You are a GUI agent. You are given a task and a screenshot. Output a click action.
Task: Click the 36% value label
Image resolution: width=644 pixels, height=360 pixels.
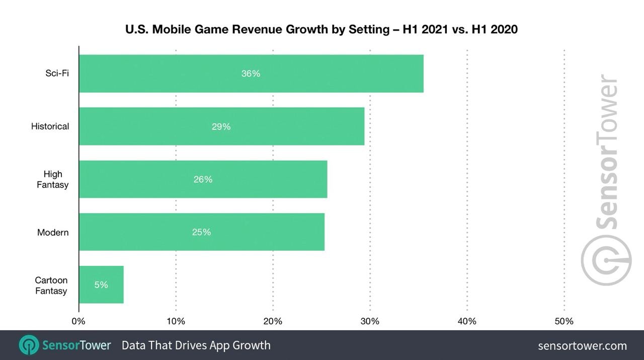251,74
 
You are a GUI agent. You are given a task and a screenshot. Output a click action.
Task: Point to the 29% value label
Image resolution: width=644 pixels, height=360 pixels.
221,126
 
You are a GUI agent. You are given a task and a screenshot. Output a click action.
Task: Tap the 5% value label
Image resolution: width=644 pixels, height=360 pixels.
101,285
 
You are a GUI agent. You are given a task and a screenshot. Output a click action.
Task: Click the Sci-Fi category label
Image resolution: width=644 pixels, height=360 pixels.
57,74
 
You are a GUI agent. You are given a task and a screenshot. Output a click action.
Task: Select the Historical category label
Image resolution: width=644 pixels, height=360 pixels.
50,126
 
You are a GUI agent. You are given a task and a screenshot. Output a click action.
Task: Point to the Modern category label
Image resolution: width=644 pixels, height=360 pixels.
53,233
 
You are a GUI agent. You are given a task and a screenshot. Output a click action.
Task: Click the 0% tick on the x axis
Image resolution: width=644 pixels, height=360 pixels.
78,321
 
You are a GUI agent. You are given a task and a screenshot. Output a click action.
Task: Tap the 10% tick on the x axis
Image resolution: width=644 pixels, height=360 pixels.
176,321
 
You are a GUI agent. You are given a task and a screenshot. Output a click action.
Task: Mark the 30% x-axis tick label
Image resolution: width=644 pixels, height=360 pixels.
370,321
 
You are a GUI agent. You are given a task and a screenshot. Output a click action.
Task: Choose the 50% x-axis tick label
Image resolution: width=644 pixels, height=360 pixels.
564,321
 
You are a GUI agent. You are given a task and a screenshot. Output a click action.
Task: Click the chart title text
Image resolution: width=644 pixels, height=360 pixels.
321,30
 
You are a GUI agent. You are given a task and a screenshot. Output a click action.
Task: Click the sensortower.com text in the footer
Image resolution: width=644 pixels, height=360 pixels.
582,346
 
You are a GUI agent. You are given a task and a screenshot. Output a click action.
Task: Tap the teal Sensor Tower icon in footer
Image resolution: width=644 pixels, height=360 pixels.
29,345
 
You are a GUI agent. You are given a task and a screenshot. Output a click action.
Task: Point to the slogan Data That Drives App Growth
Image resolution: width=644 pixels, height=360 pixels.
196,345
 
